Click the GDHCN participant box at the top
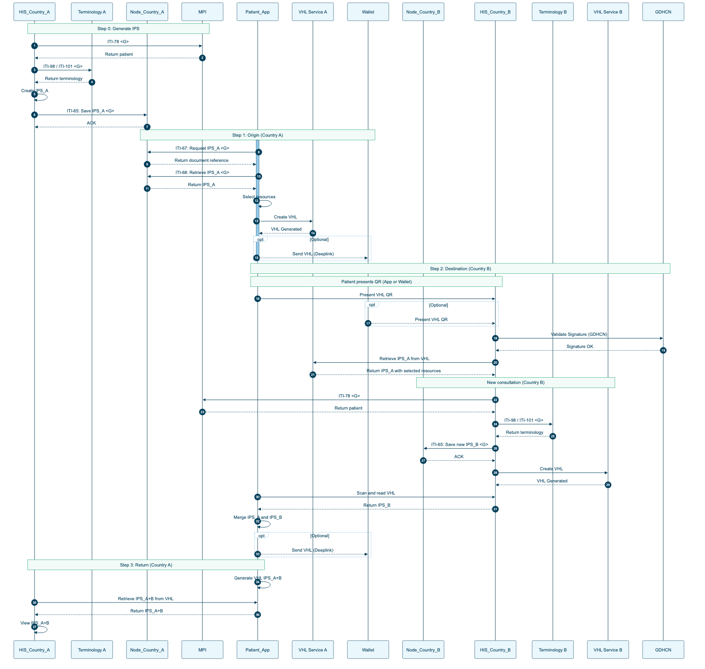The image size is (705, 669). pyautogui.click(x=663, y=12)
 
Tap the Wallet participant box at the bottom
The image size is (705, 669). pyautogui.click(x=368, y=650)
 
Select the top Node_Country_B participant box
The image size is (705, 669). pyautogui.click(x=423, y=12)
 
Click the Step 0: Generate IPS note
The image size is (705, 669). pyautogui.click(x=118, y=29)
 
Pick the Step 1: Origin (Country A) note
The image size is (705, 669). pyautogui.click(x=258, y=135)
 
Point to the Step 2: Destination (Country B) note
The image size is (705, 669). pyautogui.click(x=460, y=268)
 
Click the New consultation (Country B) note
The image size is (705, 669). pyautogui.click(x=516, y=383)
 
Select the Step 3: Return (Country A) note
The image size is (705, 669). pyautogui.click(x=146, y=565)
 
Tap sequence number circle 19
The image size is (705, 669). pyautogui.click(x=663, y=350)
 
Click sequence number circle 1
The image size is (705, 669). pyautogui.click(x=35, y=46)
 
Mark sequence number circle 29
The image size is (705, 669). pyautogui.click(x=608, y=485)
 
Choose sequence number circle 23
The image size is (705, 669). pyautogui.click(x=202, y=412)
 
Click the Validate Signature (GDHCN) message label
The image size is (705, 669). pyautogui.click(x=579, y=334)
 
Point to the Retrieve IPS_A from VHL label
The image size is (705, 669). pyautogui.click(x=404, y=359)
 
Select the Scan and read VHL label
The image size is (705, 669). pyautogui.click(x=376, y=493)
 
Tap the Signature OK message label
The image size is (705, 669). pyautogui.click(x=580, y=347)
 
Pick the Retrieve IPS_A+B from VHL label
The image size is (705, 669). pyautogui.click(x=146, y=599)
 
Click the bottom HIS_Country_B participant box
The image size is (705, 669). pyautogui.click(x=495, y=650)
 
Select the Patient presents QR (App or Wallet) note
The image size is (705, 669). pyautogui.click(x=376, y=282)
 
